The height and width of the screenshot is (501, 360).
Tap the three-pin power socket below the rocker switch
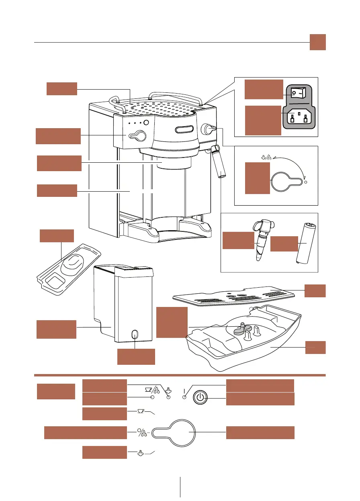click(298, 118)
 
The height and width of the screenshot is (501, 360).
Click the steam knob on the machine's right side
click(208, 128)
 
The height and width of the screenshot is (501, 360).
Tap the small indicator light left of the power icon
click(184, 397)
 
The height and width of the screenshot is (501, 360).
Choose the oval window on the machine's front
click(184, 129)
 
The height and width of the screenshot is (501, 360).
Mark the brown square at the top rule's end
click(317, 42)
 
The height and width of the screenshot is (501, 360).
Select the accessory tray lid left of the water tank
click(68, 265)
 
